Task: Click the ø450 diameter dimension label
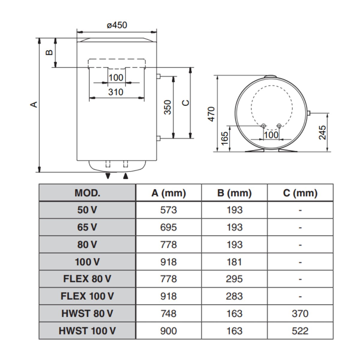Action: point(117,25)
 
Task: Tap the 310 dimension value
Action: point(116,92)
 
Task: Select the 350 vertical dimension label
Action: point(167,107)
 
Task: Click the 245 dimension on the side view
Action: point(322,133)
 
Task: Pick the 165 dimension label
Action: point(225,138)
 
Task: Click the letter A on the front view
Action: point(34,104)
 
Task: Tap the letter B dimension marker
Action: point(49,52)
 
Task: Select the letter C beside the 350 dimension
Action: point(185,103)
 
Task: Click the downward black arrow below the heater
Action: point(108,176)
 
